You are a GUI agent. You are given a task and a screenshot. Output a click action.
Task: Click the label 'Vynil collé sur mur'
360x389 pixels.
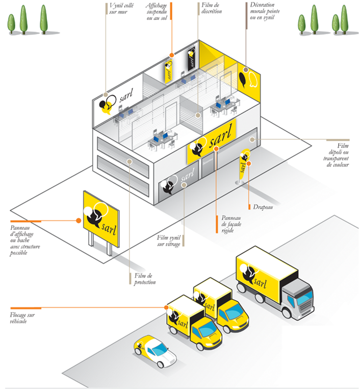(120, 8)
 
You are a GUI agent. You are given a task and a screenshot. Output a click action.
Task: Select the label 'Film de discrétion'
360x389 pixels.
(211, 8)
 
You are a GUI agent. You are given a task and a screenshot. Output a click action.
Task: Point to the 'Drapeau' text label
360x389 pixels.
(263, 207)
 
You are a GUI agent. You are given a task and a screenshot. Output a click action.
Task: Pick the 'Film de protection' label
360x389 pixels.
(145, 279)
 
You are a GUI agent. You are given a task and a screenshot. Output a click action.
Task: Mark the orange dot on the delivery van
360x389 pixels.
(167, 307)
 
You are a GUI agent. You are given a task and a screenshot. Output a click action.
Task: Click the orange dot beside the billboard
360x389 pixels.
(79, 221)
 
